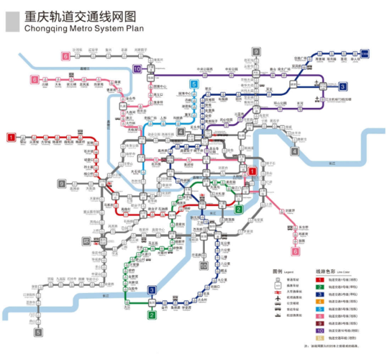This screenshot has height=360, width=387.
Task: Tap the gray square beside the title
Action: [x=13, y=22]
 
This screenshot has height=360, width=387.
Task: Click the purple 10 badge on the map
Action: [x=137, y=69]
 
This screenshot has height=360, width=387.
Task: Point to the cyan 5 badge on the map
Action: [x=193, y=84]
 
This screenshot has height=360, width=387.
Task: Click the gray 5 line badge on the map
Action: [x=38, y=333]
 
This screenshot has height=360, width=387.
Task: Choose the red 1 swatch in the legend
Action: [x=319, y=279]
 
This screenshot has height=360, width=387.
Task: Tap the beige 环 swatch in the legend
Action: [x=319, y=338]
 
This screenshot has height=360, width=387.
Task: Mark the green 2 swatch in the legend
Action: [x=319, y=286]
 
